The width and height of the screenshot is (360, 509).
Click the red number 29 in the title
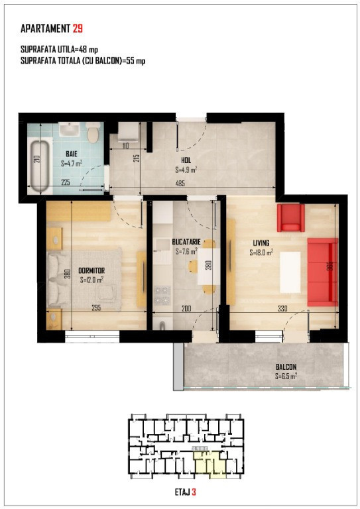(x=78, y=28)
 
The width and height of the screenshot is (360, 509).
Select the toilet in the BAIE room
(x=93, y=133)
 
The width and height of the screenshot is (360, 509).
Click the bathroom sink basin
(x=70, y=129)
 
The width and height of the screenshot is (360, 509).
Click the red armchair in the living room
(x=290, y=217)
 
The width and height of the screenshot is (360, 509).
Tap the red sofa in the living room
(x=323, y=272)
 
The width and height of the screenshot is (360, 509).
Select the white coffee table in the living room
(x=290, y=272)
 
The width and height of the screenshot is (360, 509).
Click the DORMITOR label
(x=91, y=270)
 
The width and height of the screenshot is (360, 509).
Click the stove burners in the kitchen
(x=162, y=295)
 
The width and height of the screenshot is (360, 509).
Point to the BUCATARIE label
(x=186, y=242)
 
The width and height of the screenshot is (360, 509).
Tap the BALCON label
(x=286, y=367)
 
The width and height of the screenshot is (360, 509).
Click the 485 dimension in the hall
(x=180, y=184)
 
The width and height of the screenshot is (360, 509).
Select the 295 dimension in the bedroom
(x=96, y=308)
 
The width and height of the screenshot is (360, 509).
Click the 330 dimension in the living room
(x=282, y=308)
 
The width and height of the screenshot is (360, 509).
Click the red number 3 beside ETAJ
(x=194, y=492)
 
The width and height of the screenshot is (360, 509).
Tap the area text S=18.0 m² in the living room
(x=261, y=253)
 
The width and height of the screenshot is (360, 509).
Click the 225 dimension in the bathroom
(x=66, y=182)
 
